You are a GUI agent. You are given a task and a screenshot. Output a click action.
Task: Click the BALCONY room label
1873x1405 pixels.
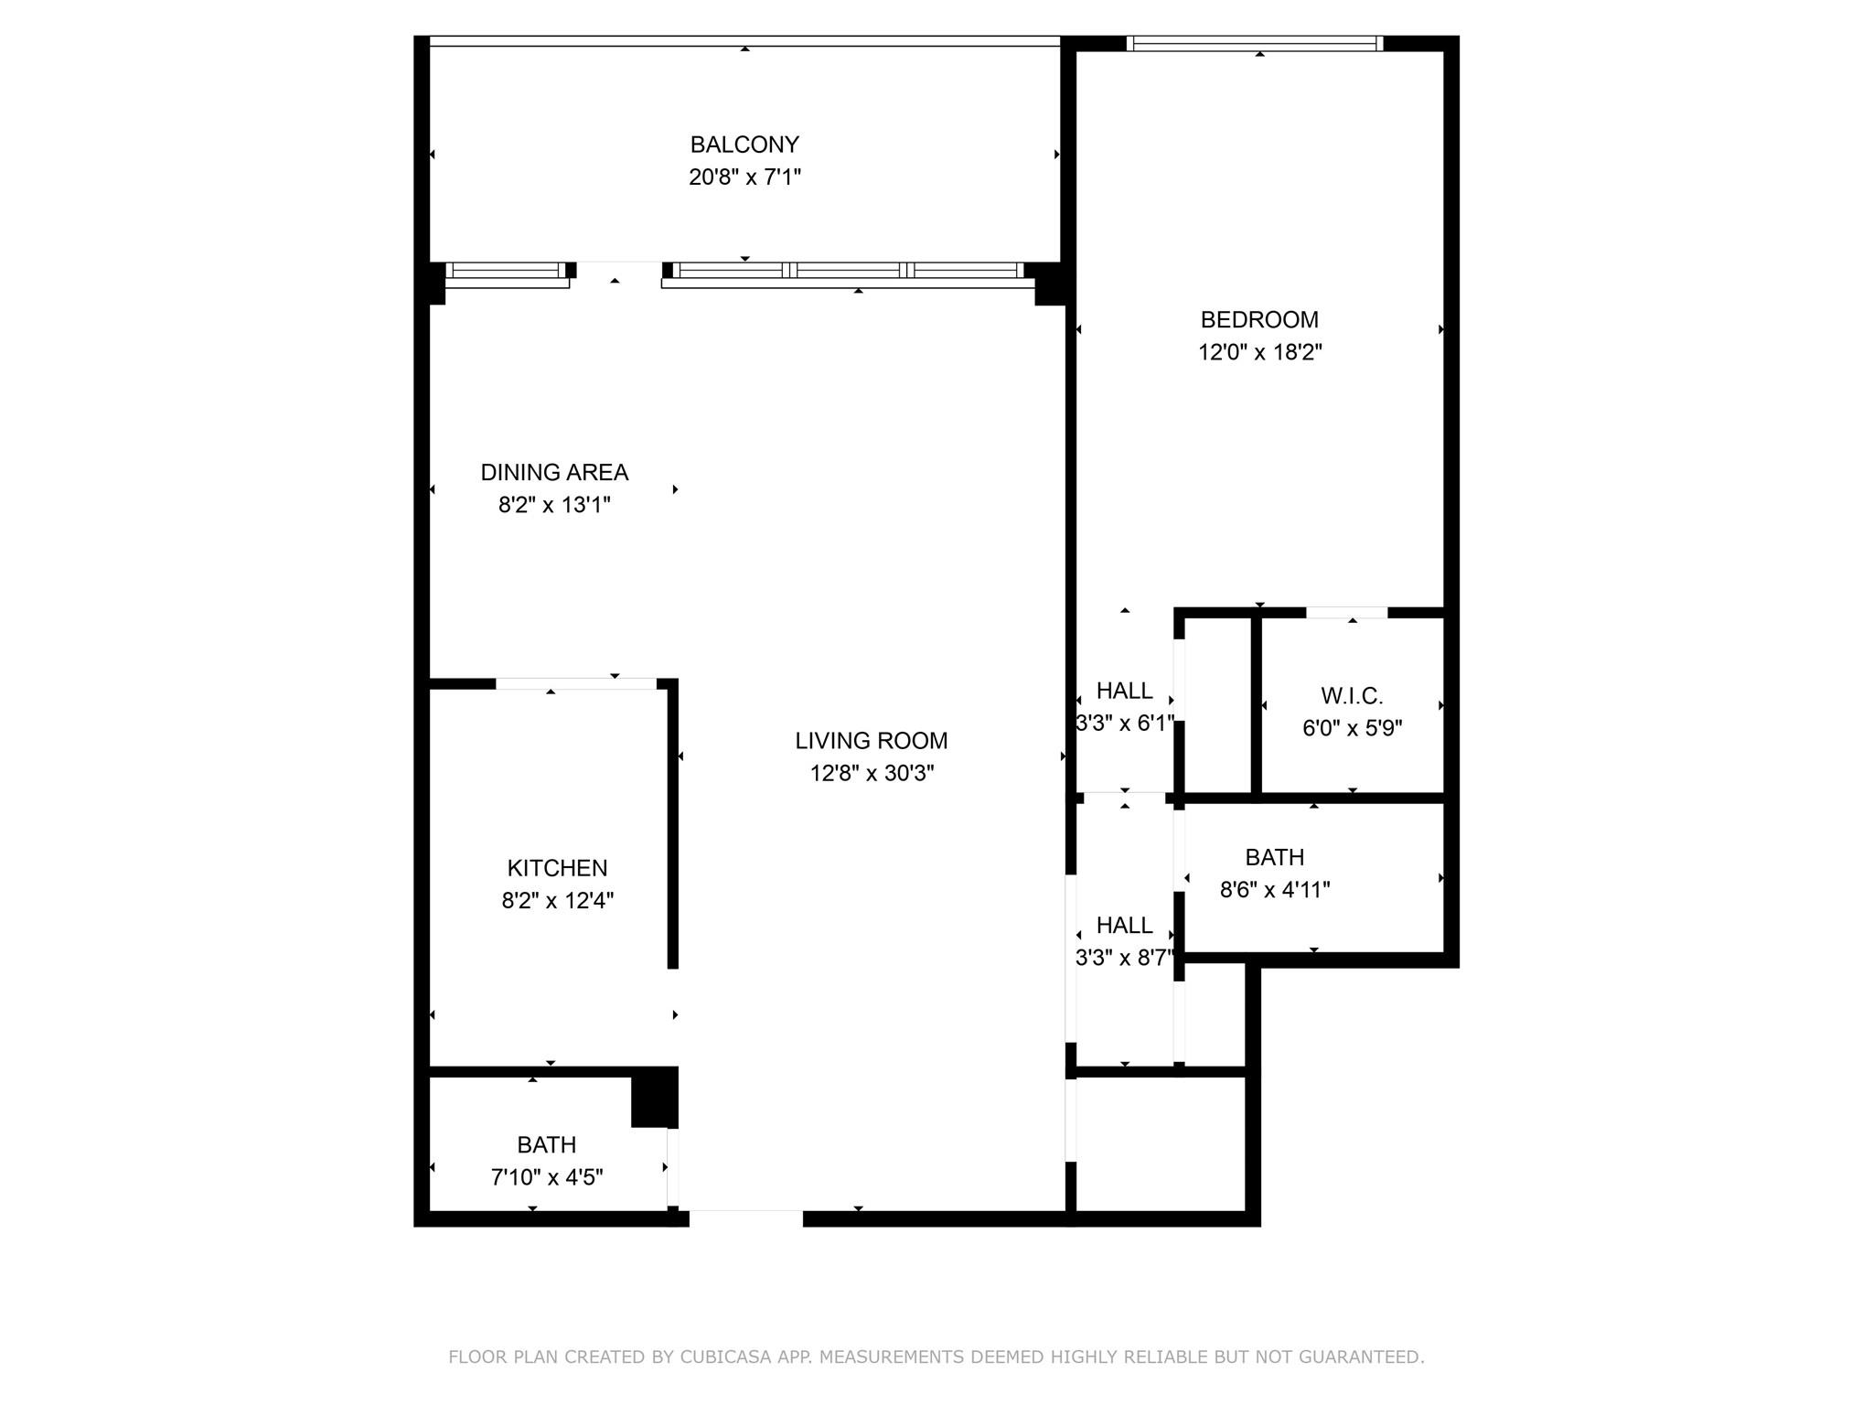(744, 145)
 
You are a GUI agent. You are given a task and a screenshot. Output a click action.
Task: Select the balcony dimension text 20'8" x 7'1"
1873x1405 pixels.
(744, 177)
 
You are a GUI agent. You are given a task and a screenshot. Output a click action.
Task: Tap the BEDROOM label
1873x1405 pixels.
(1259, 320)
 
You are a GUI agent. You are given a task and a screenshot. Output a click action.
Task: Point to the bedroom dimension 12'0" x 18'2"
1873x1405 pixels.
(1259, 352)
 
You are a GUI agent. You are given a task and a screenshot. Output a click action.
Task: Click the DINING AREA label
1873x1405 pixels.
(554, 473)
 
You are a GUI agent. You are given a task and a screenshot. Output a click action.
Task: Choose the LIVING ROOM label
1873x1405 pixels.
(871, 741)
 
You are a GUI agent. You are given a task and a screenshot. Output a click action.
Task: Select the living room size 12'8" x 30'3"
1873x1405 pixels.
(871, 774)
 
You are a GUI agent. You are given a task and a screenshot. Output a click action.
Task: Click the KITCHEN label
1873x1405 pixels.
(557, 868)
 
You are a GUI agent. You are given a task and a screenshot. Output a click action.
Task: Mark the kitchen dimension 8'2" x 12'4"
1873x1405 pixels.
(557, 901)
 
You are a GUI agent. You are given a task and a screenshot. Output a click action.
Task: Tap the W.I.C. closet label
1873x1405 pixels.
(1352, 696)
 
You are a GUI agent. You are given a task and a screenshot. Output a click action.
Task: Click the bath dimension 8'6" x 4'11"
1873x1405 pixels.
(1274, 890)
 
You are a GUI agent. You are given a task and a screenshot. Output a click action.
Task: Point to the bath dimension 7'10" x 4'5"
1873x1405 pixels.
(547, 1177)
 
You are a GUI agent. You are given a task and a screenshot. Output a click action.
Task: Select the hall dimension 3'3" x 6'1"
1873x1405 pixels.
(1124, 724)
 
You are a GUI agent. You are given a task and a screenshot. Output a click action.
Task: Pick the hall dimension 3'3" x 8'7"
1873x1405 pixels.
(1124, 958)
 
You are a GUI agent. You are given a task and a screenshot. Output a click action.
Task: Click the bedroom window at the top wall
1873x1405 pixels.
(1254, 43)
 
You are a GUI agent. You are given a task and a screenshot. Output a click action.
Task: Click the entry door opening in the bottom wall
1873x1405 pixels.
(745, 1217)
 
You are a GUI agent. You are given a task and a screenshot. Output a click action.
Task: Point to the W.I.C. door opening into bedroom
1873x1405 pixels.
(1346, 613)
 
